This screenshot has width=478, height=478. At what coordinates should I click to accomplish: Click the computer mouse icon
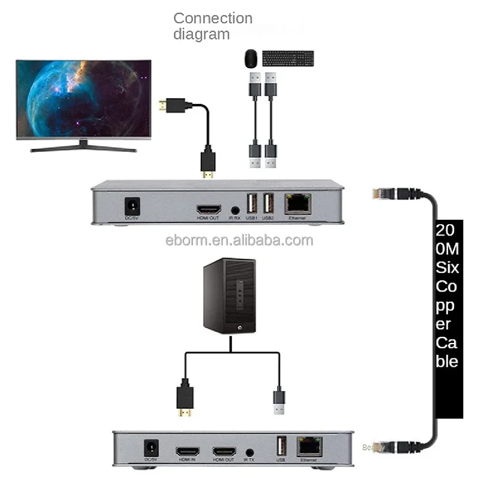point(250,59)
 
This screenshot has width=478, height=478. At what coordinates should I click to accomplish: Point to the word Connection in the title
point(213,19)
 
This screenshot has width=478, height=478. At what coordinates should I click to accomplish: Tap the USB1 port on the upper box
point(251,205)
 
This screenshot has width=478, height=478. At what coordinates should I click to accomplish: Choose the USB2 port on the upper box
point(268,205)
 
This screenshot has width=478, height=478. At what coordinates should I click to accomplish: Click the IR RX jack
point(235,210)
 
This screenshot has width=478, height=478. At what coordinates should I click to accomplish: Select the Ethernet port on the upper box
point(297,205)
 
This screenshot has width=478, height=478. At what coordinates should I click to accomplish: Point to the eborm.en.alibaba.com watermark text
point(239,240)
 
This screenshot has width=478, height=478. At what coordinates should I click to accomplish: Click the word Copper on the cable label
point(448,296)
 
